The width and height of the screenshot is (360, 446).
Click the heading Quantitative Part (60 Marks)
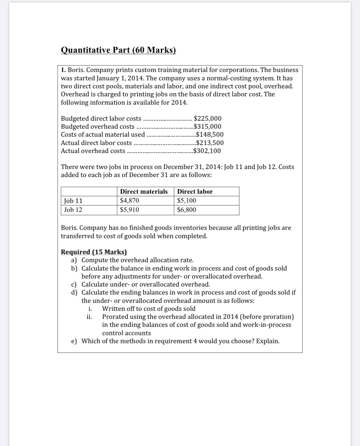118,50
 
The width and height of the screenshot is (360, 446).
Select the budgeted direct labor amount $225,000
208,118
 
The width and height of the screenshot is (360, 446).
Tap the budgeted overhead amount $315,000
207,126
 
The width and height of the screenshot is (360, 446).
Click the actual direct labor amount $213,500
210,143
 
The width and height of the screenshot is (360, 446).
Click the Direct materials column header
144,191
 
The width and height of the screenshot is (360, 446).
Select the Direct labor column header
195,191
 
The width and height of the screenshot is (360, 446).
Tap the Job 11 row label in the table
73,201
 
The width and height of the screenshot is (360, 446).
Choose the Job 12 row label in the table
73,210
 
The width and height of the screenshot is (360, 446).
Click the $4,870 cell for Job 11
129,201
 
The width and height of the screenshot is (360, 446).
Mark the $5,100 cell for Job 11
187,201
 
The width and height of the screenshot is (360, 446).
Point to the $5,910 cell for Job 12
129,210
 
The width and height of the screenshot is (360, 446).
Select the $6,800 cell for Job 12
187,210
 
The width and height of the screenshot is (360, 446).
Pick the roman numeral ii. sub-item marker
89,317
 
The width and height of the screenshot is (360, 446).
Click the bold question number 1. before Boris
63,70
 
